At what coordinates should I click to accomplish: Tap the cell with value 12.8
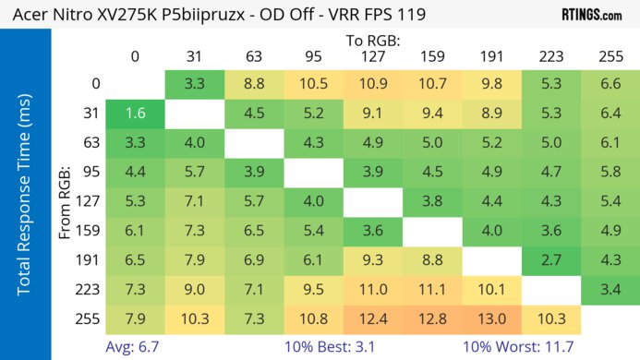pos(430,318)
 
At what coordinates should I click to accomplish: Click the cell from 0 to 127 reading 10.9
pos(372,84)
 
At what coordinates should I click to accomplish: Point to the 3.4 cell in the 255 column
pos(610,291)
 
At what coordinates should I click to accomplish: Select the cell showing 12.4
pos(372,318)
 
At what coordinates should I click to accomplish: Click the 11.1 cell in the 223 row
pos(430,291)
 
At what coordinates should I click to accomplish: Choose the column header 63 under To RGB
pos(253,56)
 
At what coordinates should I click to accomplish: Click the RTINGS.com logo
pos(590,15)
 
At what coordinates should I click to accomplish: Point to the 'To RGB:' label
pos(372,41)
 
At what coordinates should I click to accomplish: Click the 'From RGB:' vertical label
pos(66,201)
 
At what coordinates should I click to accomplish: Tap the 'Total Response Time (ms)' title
pos(24,200)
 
